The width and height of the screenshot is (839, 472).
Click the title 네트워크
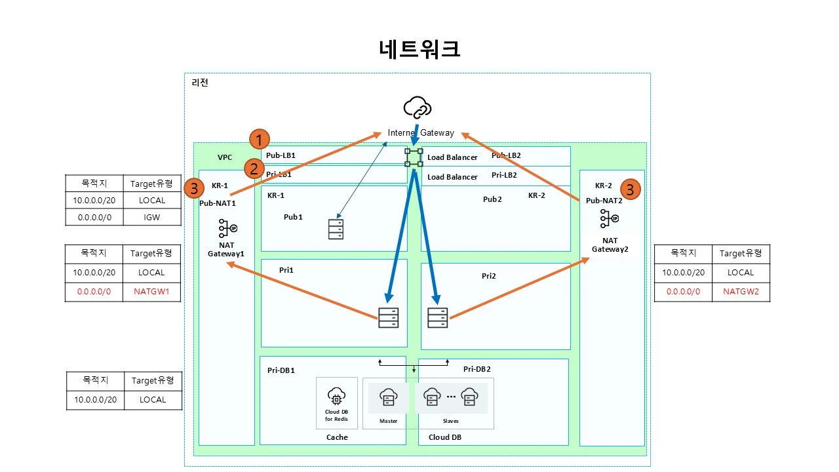pyautogui.click(x=419, y=49)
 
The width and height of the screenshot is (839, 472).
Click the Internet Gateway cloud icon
pyautogui.click(x=418, y=107)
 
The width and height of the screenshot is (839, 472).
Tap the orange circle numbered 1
pyautogui.click(x=260, y=139)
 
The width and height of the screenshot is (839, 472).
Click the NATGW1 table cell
pyautogui.click(x=151, y=292)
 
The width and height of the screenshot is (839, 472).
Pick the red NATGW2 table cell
pyautogui.click(x=741, y=292)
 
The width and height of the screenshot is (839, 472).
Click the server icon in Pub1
pyautogui.click(x=335, y=229)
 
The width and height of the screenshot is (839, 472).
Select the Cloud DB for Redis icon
pyautogui.click(x=336, y=397)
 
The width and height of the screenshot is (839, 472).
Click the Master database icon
pyautogui.click(x=388, y=397)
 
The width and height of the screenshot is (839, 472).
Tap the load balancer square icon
pyautogui.click(x=414, y=157)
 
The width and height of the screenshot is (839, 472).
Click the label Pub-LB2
pyautogui.click(x=506, y=155)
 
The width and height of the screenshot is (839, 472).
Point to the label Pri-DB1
pyautogui.click(x=281, y=370)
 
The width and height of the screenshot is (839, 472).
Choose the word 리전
pyautogui.click(x=200, y=83)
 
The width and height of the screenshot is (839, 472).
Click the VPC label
pyautogui.click(x=225, y=158)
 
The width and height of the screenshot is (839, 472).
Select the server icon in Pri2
pyautogui.click(x=437, y=317)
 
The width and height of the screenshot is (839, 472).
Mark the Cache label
pyautogui.click(x=337, y=437)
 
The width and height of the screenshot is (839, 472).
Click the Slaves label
pyautogui.click(x=451, y=421)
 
